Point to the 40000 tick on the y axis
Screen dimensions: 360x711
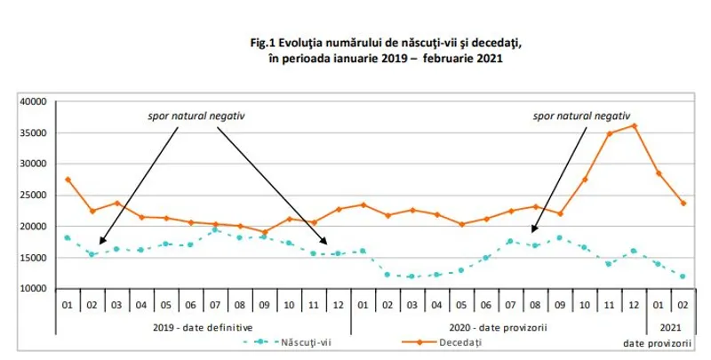(33, 101)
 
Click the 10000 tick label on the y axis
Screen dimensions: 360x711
(33, 289)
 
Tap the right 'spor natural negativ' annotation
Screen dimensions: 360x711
(581, 116)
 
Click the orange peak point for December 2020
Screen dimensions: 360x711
(633, 125)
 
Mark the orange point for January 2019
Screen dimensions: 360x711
(68, 180)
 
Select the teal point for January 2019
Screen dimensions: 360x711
(68, 237)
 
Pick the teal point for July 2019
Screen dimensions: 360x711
(216, 229)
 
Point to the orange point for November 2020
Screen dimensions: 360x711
(608, 133)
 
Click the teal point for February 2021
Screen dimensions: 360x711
(682, 276)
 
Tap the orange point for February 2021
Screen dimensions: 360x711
(682, 203)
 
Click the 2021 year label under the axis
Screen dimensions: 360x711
(669, 325)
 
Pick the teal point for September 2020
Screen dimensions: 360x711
(558, 237)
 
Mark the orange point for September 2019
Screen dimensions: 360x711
(264, 232)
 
